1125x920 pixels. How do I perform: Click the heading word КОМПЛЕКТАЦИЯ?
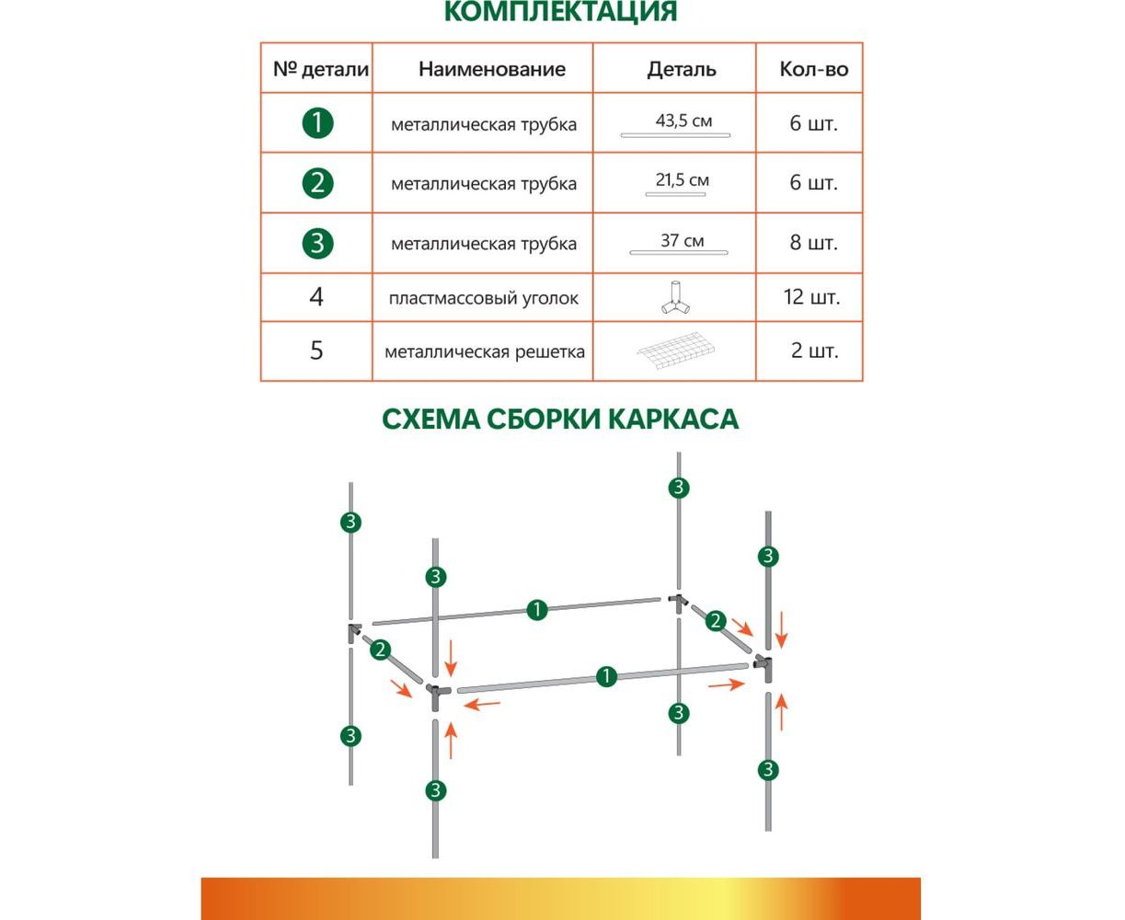point(560,12)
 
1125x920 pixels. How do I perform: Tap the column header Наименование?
point(491,69)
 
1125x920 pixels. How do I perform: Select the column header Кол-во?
point(813,69)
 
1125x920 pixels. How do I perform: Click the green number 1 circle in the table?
point(317,122)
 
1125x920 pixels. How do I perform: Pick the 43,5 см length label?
point(683,121)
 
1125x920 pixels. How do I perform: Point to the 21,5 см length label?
point(682,180)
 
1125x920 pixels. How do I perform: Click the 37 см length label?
point(682,241)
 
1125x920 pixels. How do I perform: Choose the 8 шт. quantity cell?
point(813,243)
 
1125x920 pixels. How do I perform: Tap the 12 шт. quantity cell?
point(813,297)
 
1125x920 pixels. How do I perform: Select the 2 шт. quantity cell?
point(813,351)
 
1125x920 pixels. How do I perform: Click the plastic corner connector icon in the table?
point(676,297)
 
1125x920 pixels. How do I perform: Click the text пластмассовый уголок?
point(484,298)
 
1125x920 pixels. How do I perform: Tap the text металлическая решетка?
point(485,351)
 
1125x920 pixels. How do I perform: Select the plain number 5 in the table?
point(316,351)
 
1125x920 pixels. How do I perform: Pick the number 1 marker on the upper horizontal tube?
point(537,609)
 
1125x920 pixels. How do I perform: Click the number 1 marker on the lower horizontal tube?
point(605,677)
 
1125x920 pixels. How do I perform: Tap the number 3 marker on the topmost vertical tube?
point(679,488)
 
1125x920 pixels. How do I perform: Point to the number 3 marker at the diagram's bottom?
point(436,790)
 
